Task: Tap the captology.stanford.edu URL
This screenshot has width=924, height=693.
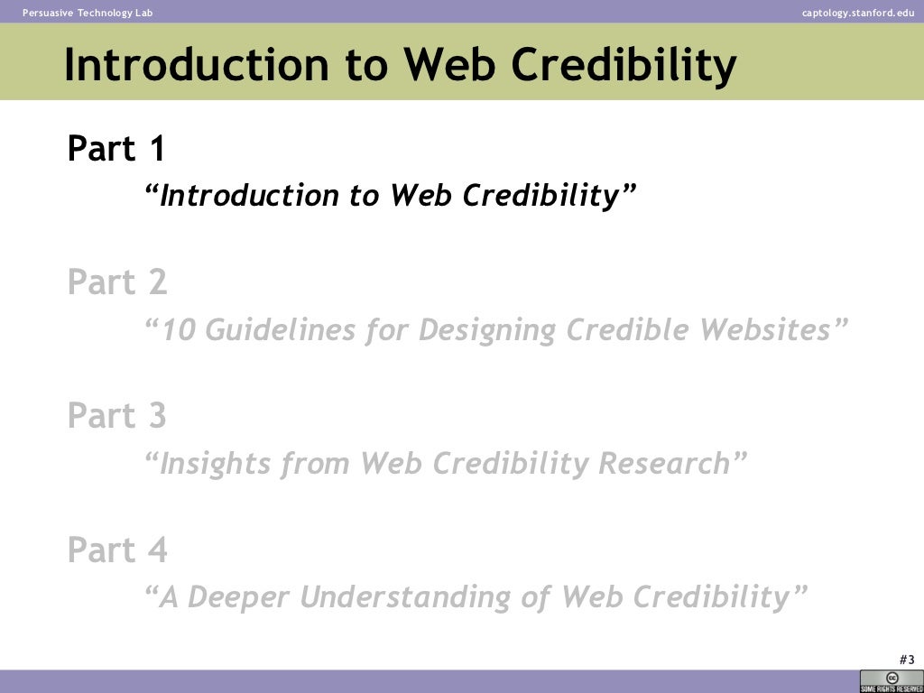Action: pos(857,12)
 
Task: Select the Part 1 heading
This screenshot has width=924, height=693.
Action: pos(116,149)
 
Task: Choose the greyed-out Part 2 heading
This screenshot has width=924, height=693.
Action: pos(117,282)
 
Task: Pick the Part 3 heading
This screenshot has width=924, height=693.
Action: pos(117,416)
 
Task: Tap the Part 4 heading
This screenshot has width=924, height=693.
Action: pos(117,550)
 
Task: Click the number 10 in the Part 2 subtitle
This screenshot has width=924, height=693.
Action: pos(179,330)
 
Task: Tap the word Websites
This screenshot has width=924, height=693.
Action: pos(768,330)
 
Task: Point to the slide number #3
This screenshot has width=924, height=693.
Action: pos(907,659)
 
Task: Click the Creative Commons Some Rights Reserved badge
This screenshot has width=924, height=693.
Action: pos(891,681)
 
